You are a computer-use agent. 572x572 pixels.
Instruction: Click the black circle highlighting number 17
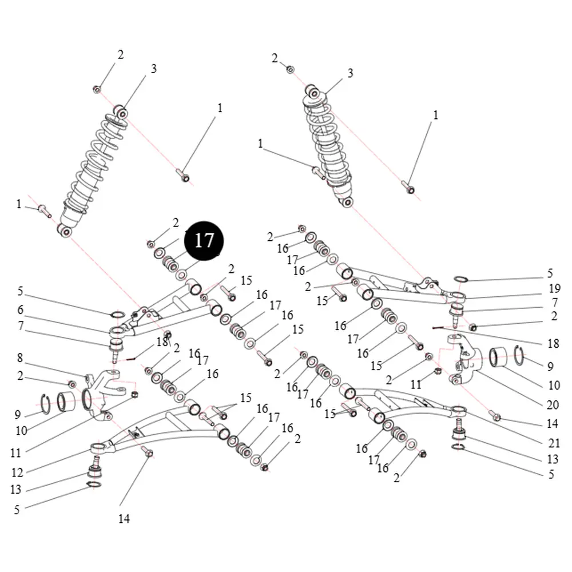point(204,240)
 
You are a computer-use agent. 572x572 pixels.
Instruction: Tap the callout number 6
point(21,309)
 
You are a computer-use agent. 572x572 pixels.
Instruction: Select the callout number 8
point(20,358)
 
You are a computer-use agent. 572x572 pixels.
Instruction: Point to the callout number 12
point(17,472)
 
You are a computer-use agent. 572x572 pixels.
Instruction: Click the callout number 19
point(554,288)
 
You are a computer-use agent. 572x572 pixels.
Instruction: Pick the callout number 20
point(553,404)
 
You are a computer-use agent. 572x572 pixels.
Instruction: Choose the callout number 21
point(554,443)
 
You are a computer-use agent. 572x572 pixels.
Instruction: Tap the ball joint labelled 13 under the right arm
point(459,431)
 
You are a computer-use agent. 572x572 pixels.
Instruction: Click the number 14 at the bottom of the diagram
point(124,518)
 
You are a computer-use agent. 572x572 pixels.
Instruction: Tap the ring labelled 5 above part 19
point(461,279)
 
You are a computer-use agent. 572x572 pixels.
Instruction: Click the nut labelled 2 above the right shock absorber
point(290,69)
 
